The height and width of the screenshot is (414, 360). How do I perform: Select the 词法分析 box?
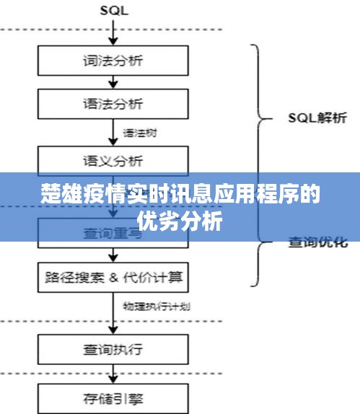(x=113, y=60)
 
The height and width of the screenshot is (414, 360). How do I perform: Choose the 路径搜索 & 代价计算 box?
(x=113, y=276)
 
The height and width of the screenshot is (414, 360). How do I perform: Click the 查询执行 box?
(x=113, y=351)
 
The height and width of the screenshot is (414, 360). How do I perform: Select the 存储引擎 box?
(x=113, y=397)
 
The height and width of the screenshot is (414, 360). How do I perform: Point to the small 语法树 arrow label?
(x=139, y=133)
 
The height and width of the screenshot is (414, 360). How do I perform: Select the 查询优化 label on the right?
(x=318, y=242)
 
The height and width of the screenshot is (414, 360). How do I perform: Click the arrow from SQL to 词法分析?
(x=113, y=32)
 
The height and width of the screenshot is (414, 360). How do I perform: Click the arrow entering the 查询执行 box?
(x=113, y=317)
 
